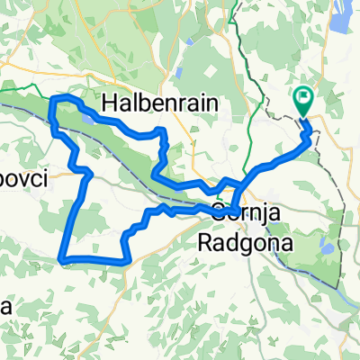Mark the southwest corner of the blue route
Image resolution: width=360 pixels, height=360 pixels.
63,259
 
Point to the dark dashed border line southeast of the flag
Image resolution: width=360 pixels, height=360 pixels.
337,180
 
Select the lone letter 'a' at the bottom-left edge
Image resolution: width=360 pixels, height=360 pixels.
6,306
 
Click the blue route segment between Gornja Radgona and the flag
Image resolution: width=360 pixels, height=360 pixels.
270,166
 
